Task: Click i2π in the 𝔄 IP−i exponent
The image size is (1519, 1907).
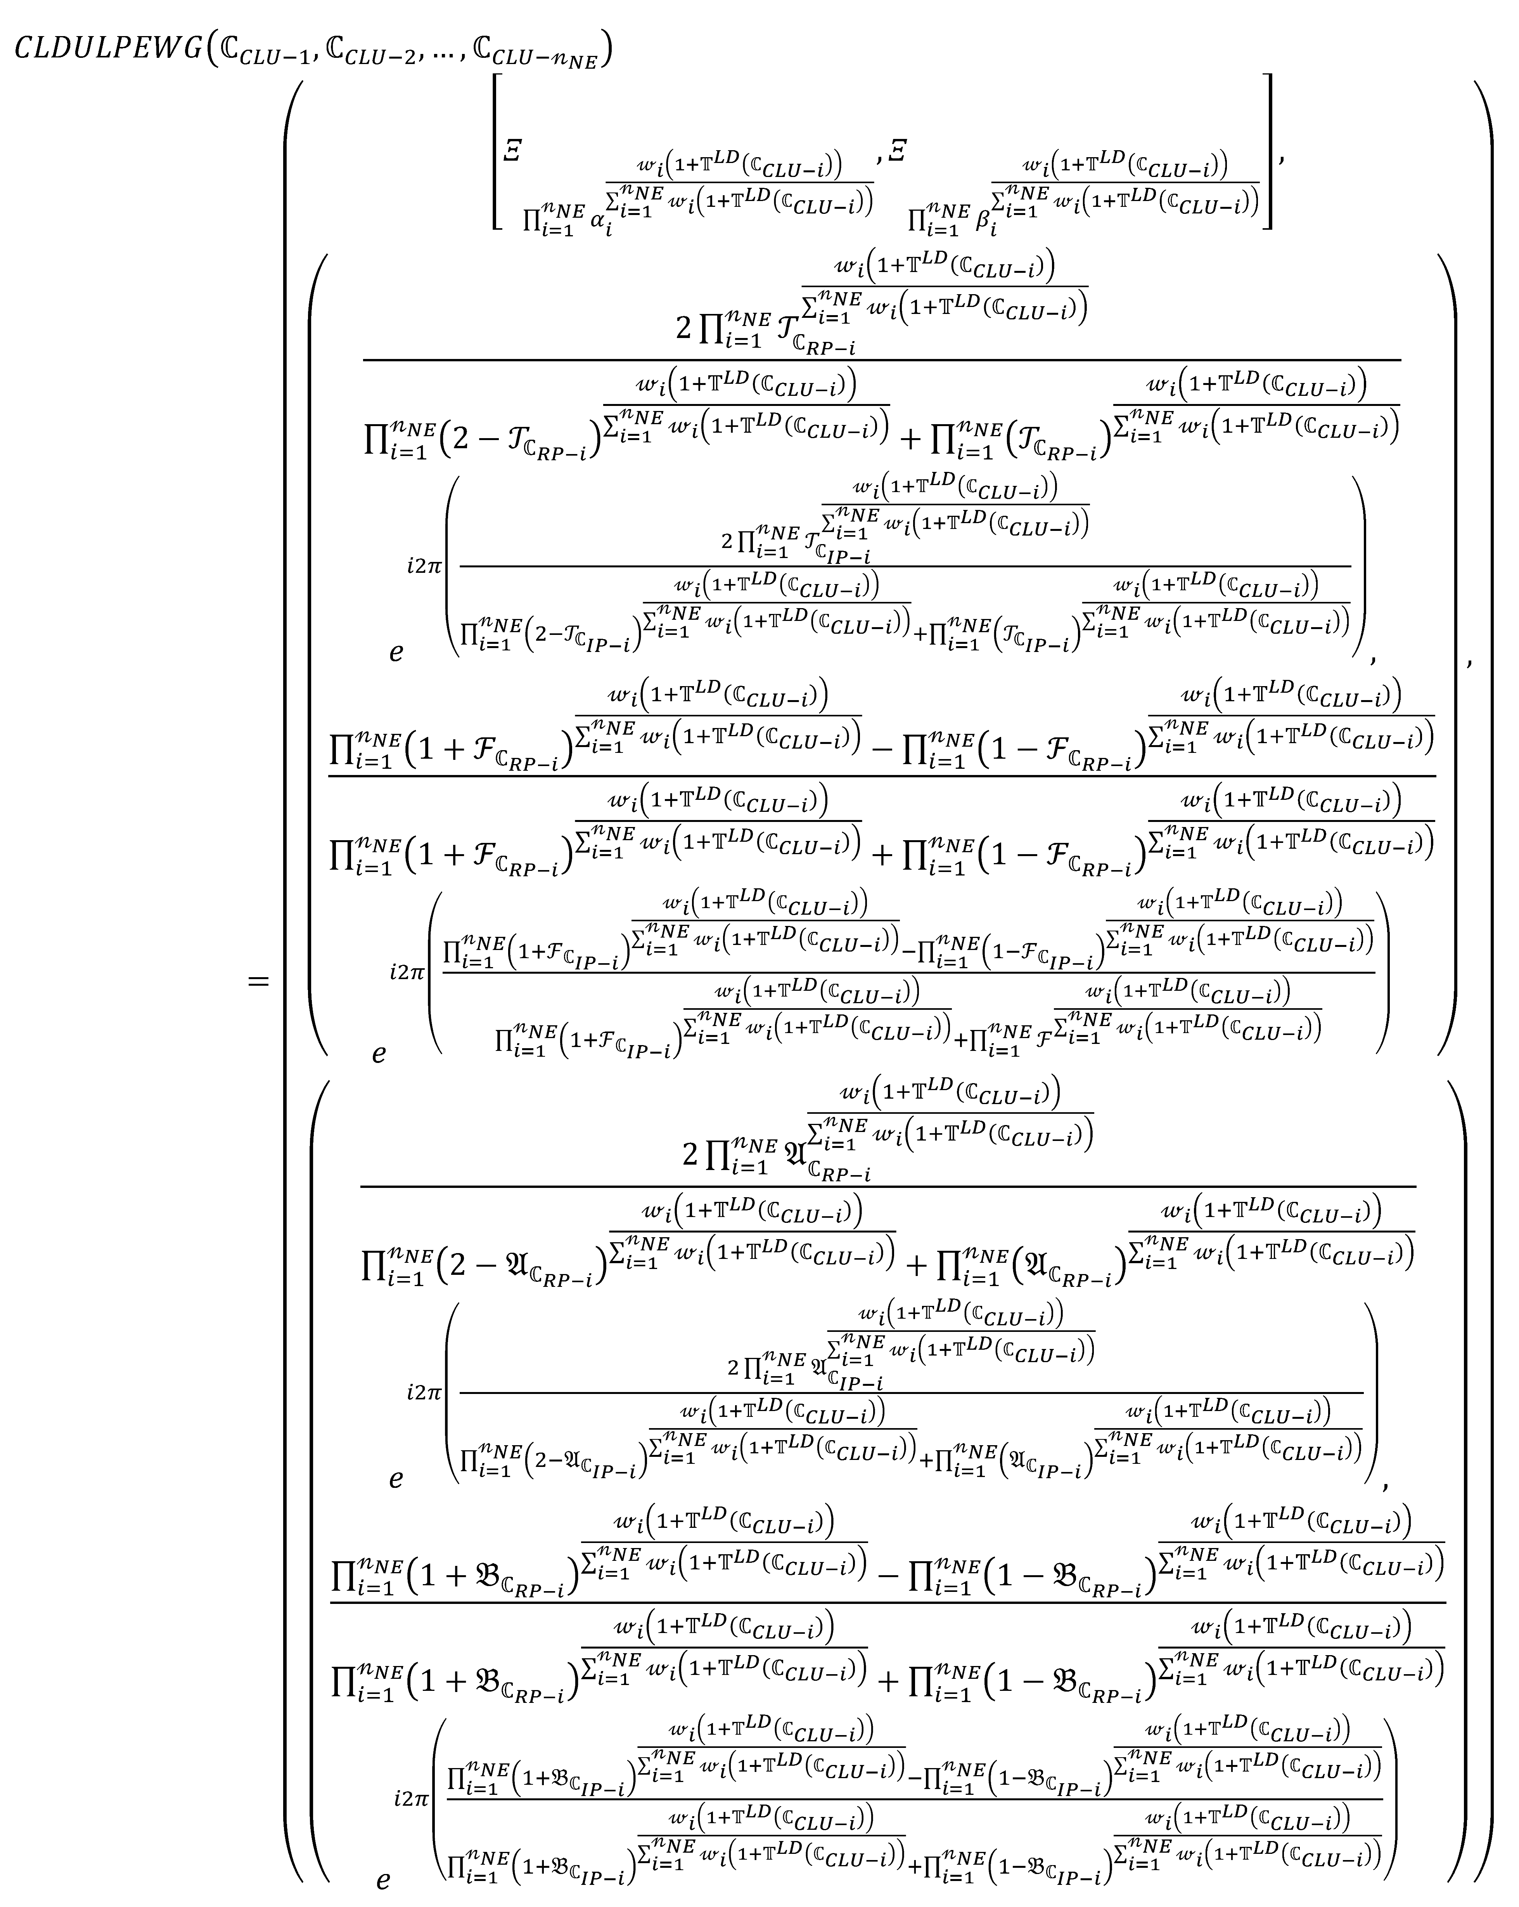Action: (x=424, y=1392)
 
